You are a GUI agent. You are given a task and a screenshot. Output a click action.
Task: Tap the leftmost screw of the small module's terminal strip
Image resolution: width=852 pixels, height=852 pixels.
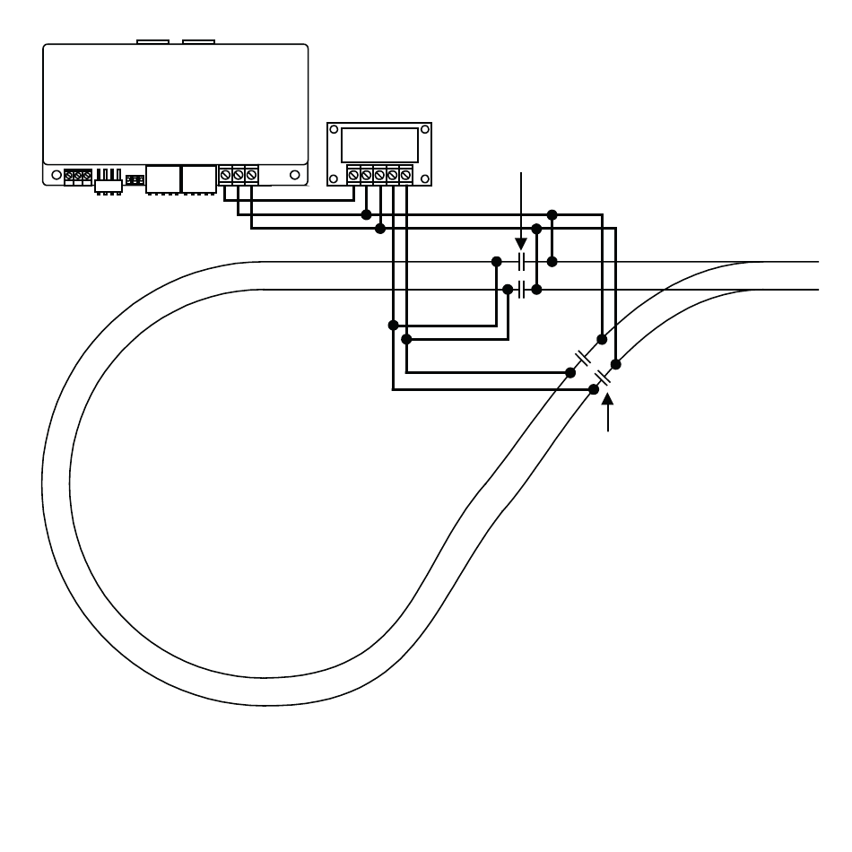click(x=354, y=175)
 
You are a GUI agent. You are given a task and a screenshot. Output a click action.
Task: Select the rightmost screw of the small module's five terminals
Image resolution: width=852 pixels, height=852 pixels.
click(x=405, y=175)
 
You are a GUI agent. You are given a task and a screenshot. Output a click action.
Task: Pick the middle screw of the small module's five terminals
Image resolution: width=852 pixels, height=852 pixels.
click(x=379, y=175)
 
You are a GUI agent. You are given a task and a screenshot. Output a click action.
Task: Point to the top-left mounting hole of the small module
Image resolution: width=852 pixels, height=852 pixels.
click(x=334, y=130)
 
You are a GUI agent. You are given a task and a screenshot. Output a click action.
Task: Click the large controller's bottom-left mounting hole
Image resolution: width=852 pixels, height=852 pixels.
click(x=56, y=174)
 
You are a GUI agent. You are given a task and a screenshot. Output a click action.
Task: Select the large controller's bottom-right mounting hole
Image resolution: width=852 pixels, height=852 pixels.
click(x=294, y=174)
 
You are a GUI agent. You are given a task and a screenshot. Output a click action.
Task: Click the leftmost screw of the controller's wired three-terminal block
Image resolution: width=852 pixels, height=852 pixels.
click(x=225, y=174)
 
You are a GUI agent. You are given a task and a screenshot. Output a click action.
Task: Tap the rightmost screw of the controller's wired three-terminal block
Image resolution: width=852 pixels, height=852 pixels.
click(x=251, y=174)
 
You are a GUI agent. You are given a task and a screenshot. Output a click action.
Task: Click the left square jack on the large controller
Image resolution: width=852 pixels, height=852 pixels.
click(x=161, y=178)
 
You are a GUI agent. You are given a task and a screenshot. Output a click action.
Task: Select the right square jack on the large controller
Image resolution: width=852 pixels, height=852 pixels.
click(x=198, y=178)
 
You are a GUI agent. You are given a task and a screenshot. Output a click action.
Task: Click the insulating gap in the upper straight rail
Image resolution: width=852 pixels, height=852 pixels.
click(x=522, y=262)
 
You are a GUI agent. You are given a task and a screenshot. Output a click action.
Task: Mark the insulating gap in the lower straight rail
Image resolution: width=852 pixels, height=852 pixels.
click(x=522, y=290)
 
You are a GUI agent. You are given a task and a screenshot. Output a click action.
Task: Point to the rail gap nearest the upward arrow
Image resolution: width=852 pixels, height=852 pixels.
click(x=604, y=377)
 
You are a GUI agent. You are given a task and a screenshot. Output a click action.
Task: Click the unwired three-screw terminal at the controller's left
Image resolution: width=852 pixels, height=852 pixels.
click(x=78, y=177)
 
